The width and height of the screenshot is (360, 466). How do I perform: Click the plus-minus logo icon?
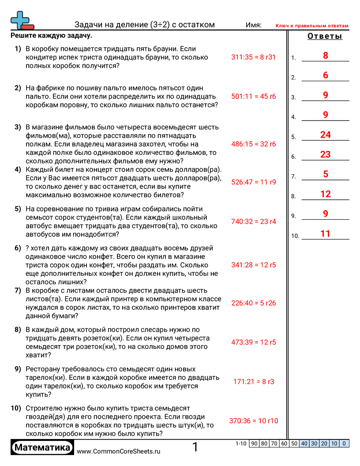click(x=21, y=20)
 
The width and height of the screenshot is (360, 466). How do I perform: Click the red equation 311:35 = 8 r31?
click(x=253, y=57)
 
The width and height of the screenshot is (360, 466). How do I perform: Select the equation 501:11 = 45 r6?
click(x=253, y=96)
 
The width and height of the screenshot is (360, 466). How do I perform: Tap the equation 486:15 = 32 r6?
click(x=253, y=144)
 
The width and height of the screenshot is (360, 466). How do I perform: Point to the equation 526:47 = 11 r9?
click(x=253, y=181)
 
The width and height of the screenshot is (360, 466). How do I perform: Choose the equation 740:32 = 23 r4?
click(x=253, y=222)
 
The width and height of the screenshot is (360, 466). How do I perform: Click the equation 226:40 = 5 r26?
click(x=253, y=303)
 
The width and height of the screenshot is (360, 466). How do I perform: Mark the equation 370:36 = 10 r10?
click(x=253, y=421)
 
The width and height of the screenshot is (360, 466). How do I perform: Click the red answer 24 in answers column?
click(x=326, y=135)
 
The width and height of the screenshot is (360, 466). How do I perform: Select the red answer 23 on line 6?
click(x=326, y=154)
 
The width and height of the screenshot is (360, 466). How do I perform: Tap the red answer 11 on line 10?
click(x=326, y=234)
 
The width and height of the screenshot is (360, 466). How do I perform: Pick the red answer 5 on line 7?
click(x=326, y=174)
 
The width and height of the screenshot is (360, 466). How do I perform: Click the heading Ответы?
click(x=325, y=36)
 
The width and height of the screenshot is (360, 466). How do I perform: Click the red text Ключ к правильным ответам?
click(x=311, y=26)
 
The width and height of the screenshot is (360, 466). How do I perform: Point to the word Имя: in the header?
click(x=253, y=25)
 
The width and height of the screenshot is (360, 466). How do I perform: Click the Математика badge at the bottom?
click(x=42, y=448)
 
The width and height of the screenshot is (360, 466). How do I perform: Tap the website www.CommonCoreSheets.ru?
click(x=118, y=451)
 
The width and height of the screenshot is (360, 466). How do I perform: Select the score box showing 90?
click(x=254, y=443)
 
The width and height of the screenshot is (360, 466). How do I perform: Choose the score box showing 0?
click(x=344, y=443)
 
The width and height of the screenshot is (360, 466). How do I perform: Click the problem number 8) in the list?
click(x=18, y=330)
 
